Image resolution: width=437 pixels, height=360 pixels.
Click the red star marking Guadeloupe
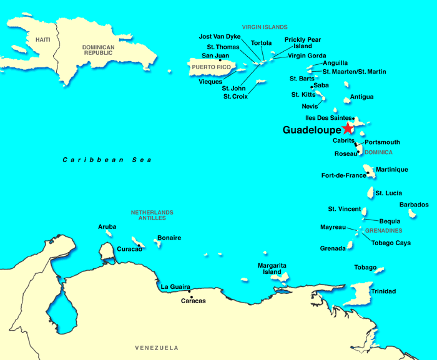[x=347, y=129]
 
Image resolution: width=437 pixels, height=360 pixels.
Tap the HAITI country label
[x=42, y=39]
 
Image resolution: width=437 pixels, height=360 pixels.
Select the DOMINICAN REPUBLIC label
[x=99, y=51]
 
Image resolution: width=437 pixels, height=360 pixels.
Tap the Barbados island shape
[x=412, y=213]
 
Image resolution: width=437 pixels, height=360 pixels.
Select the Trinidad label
[x=383, y=291]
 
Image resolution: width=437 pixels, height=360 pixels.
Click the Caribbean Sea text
[x=107, y=160]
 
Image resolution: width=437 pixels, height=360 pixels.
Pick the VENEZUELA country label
[x=157, y=348]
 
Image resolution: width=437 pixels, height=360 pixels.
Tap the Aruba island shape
[x=109, y=233]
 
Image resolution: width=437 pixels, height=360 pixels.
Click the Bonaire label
[x=169, y=238]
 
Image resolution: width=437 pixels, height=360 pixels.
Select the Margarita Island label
[x=272, y=269]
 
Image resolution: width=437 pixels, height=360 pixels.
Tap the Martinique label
[x=392, y=170]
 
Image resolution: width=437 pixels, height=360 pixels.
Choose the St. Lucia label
[x=389, y=193]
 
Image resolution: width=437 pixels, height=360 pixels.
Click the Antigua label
[x=362, y=97]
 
